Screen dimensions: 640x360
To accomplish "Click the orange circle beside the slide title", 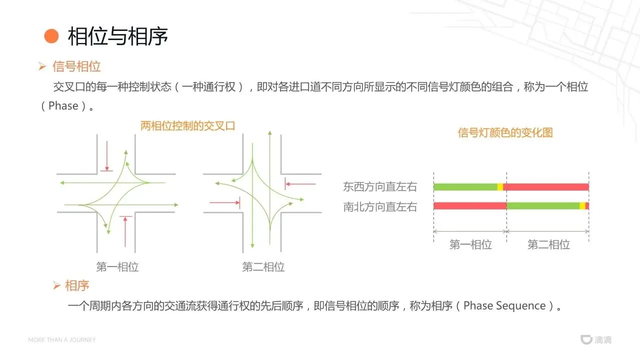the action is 51,36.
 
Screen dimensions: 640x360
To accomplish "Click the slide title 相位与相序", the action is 117,36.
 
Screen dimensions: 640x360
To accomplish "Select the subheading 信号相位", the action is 76,66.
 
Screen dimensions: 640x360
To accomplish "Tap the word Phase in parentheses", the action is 63,105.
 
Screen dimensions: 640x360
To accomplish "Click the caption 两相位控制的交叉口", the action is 187,125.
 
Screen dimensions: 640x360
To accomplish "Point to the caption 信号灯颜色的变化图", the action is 505,132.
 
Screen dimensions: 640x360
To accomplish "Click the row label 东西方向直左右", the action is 380,186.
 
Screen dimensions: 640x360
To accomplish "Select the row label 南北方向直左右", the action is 380,207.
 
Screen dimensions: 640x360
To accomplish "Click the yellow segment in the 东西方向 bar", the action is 500,187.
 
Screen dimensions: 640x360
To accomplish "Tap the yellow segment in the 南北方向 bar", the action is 582,205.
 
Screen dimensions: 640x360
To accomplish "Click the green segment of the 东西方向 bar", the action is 465,187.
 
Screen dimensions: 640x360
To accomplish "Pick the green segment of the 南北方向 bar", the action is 543,205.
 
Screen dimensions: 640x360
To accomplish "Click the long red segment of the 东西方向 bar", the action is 546,187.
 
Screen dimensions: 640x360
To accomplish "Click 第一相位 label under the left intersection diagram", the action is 117,267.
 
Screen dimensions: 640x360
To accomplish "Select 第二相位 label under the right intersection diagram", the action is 263,267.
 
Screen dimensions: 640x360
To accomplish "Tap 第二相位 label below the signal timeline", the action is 548,244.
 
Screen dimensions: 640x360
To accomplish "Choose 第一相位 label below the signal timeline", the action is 470,244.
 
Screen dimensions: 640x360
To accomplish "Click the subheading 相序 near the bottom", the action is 77,285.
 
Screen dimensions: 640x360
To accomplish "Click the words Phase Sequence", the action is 504,305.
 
